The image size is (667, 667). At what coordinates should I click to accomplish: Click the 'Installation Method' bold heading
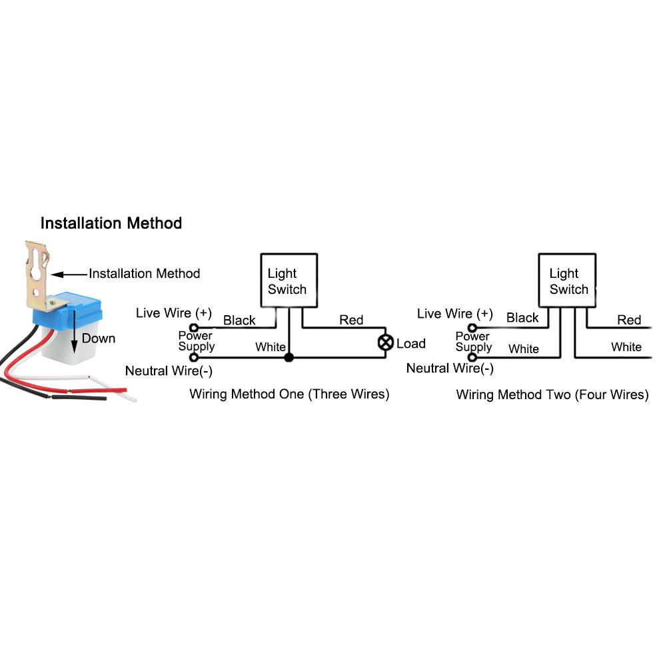pyautogui.click(x=111, y=223)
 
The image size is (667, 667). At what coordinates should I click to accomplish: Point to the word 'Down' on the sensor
pyautogui.click(x=98, y=338)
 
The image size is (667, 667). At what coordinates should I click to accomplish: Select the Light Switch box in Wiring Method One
pyautogui.click(x=288, y=281)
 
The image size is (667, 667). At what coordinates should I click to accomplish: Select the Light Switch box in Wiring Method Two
pyautogui.click(x=567, y=281)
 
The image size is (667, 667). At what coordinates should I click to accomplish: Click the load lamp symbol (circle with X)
pyautogui.click(x=385, y=343)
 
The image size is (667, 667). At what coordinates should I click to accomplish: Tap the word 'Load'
pyautogui.click(x=410, y=344)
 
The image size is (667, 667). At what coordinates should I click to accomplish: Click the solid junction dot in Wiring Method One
pyautogui.click(x=288, y=358)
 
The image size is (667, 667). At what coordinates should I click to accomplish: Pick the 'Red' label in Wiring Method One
pyautogui.click(x=351, y=321)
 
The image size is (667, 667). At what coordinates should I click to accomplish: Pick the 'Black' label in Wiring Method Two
pyautogui.click(x=522, y=318)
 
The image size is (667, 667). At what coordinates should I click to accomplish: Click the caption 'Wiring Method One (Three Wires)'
pyautogui.click(x=289, y=394)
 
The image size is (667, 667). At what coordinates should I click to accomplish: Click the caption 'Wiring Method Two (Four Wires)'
pyautogui.click(x=552, y=394)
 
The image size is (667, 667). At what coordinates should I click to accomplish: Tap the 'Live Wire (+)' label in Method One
pyautogui.click(x=173, y=313)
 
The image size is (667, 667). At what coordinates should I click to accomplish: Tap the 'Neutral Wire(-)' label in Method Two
pyautogui.click(x=450, y=368)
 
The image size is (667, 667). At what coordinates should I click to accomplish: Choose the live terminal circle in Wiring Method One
pyautogui.click(x=194, y=328)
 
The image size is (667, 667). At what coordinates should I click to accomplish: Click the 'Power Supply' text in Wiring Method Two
pyautogui.click(x=473, y=342)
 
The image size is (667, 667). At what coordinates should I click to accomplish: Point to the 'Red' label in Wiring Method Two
pyautogui.click(x=628, y=320)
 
